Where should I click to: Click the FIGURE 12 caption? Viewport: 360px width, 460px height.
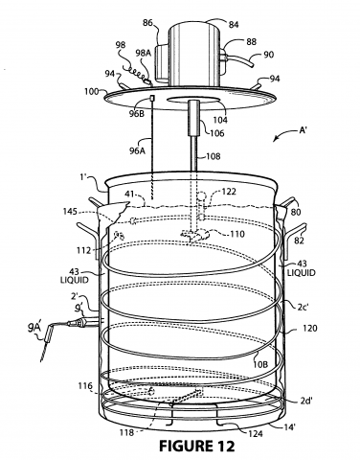[197, 446]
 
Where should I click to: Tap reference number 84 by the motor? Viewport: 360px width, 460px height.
[234, 24]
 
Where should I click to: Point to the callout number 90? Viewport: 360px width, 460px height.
[268, 55]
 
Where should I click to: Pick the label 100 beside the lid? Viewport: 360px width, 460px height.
[92, 92]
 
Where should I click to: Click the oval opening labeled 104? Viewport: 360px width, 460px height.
[194, 101]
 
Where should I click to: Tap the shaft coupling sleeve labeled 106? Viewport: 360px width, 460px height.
[194, 118]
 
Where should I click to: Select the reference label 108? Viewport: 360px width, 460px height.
[214, 156]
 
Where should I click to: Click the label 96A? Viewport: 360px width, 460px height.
[137, 150]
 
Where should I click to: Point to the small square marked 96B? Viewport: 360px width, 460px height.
[152, 97]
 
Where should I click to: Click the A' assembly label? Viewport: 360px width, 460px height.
[303, 130]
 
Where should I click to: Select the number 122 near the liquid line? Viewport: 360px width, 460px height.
[229, 192]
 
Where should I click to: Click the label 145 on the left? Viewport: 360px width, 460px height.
[70, 212]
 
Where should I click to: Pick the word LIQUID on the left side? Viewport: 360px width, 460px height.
[75, 280]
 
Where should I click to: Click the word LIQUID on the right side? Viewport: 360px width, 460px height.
[302, 273]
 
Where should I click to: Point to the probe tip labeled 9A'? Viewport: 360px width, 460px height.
[46, 343]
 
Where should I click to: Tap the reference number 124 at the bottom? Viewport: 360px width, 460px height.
[256, 433]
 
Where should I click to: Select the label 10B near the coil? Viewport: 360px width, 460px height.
[260, 364]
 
